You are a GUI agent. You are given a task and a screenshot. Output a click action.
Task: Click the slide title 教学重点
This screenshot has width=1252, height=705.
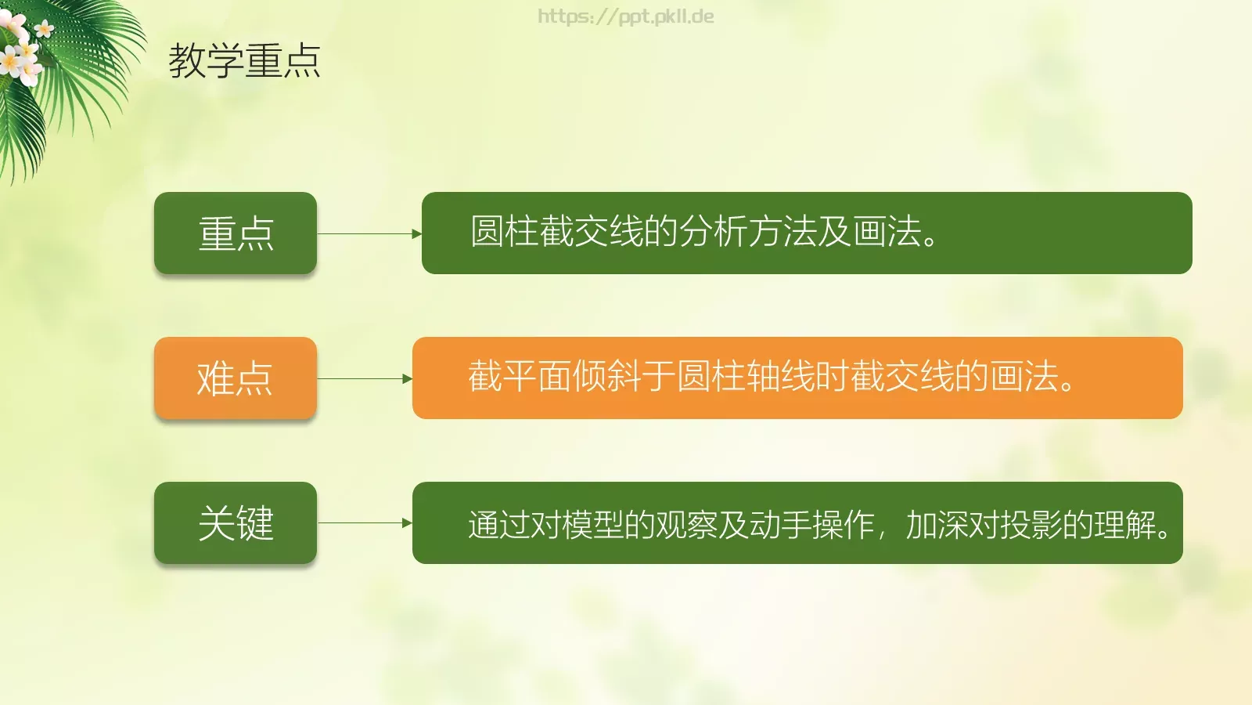[x=244, y=61]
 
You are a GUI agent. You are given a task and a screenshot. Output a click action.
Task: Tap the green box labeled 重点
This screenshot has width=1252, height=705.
[x=236, y=233]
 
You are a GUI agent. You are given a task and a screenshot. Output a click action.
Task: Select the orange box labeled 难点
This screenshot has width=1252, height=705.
[x=236, y=378]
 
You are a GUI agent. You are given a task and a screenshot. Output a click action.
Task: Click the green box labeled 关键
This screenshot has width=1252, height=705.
[x=236, y=523]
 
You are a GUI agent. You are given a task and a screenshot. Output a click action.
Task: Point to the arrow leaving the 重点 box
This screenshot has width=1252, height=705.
[x=369, y=233]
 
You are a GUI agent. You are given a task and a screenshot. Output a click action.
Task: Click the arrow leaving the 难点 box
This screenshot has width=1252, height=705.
[x=364, y=378]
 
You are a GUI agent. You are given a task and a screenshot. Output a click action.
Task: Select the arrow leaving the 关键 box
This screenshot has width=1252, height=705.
[x=364, y=523]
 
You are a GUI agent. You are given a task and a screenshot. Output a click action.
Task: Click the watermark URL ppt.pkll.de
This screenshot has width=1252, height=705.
[x=626, y=16]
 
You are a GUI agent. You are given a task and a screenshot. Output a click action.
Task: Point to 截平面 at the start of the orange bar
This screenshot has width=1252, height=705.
[x=520, y=376]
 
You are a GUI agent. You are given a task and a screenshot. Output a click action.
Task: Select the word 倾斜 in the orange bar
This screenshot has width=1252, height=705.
[x=607, y=376]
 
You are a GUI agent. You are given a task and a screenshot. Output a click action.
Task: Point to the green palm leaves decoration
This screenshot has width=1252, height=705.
[x=78, y=86]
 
